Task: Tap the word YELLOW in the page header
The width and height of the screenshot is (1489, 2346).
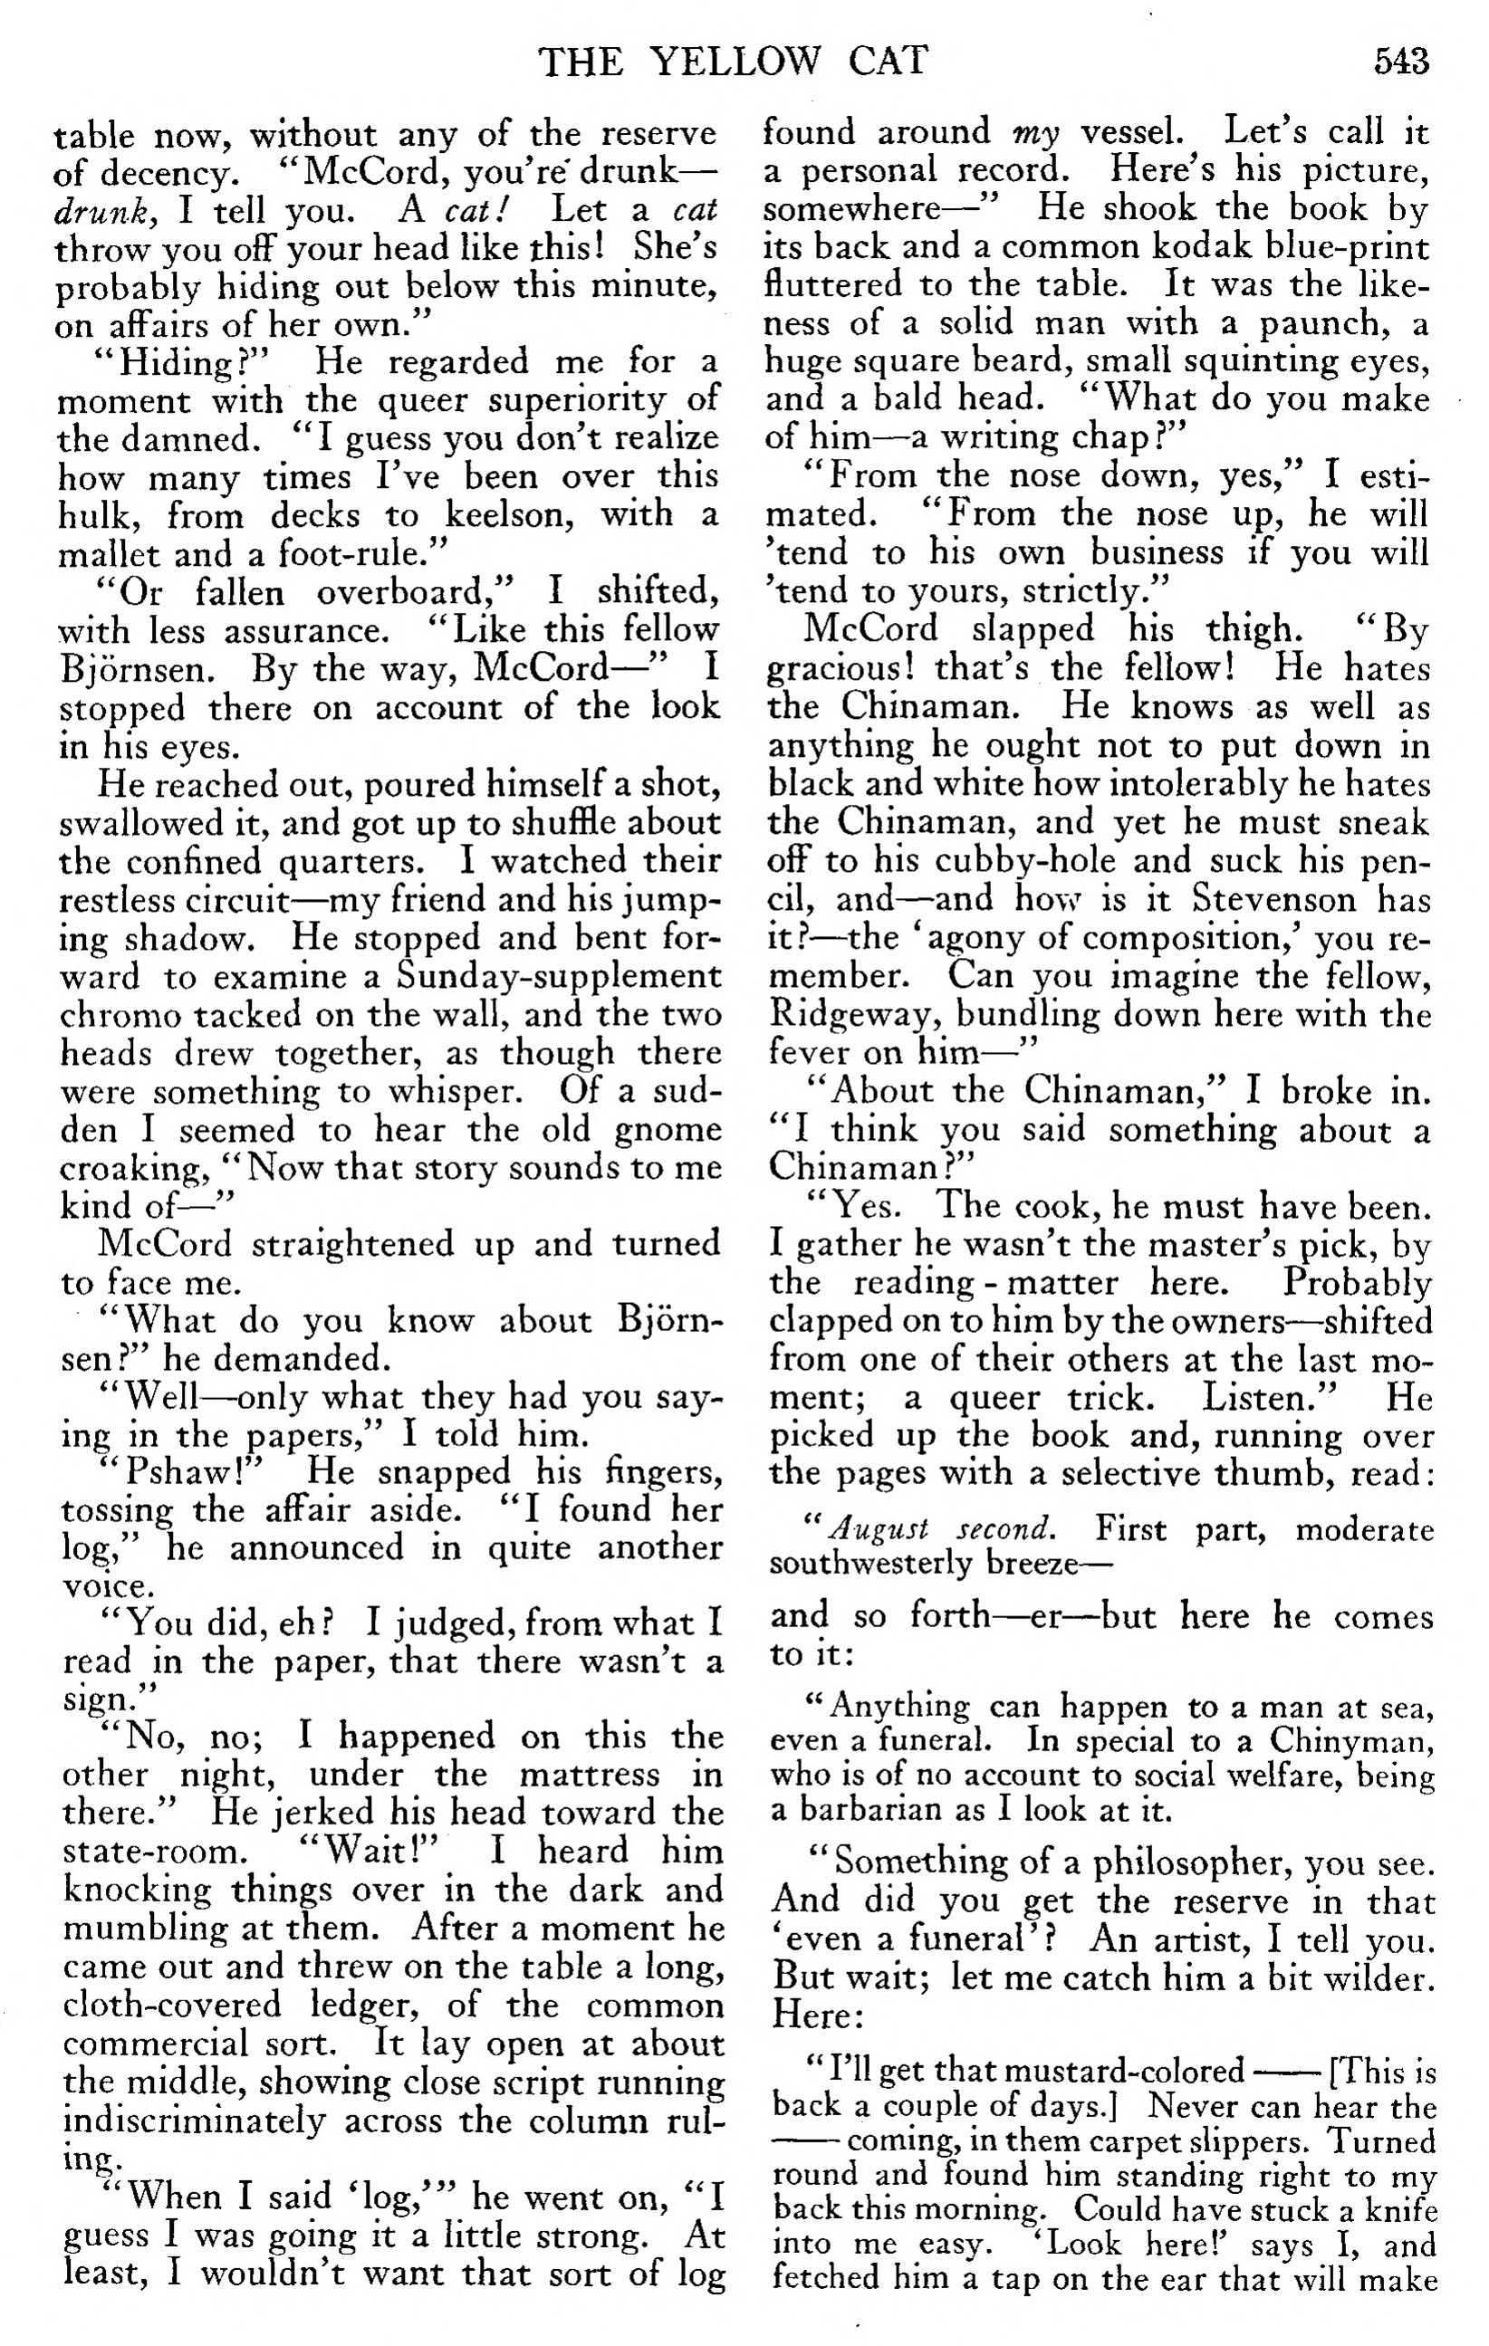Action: [x=735, y=62]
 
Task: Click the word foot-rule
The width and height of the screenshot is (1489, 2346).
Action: [x=356, y=554]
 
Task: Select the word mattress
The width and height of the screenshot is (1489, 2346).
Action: [x=588, y=1775]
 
